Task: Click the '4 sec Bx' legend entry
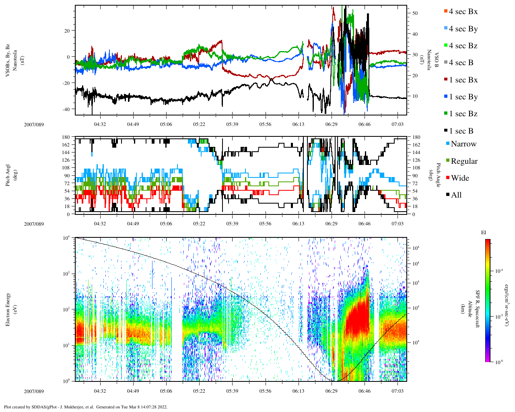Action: (x=463, y=12)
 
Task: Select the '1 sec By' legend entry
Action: (x=463, y=97)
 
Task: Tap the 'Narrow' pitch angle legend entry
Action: (x=463, y=144)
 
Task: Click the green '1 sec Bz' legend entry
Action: (x=463, y=114)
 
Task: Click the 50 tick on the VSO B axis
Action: (x=415, y=13)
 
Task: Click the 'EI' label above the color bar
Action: (x=484, y=233)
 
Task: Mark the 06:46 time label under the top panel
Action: (x=365, y=125)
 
